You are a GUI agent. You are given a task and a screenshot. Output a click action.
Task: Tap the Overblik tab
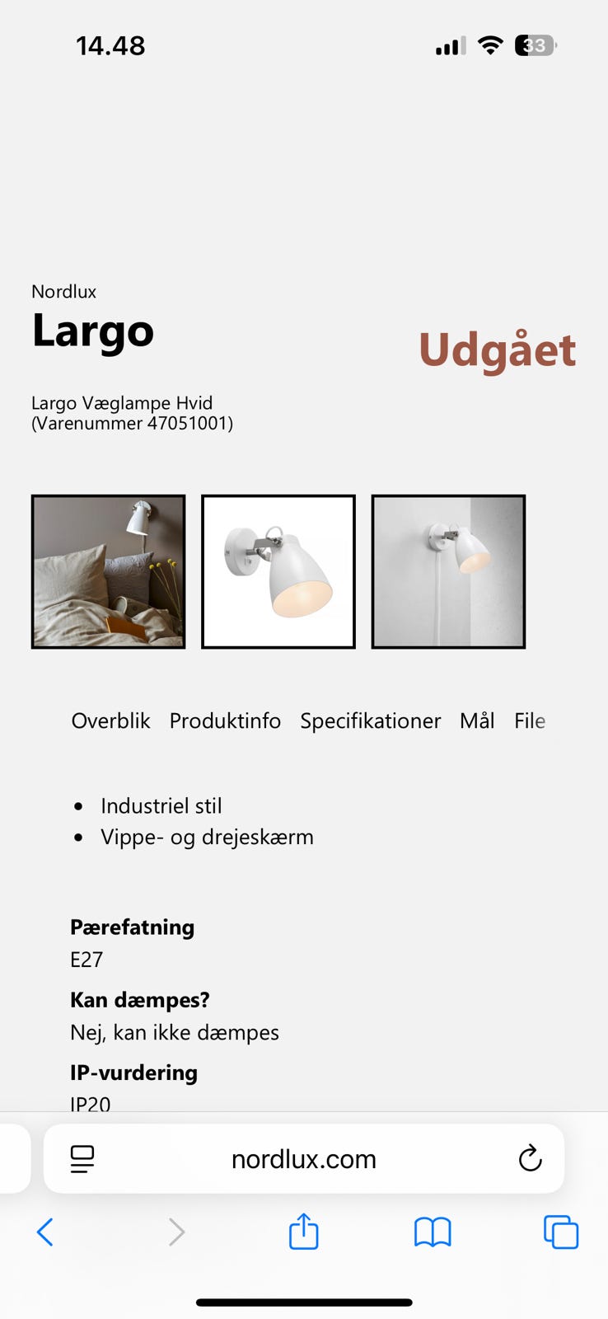tap(110, 721)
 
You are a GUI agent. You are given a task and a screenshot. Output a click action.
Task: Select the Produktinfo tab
tap(225, 721)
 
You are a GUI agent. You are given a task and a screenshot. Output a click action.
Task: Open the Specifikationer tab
tap(370, 721)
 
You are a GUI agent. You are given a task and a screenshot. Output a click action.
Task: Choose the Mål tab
tap(477, 721)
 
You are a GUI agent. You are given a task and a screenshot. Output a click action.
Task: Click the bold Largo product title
tap(93, 331)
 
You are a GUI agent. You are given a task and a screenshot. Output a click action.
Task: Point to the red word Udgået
tap(497, 350)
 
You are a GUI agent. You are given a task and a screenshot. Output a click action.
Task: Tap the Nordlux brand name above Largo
tap(63, 291)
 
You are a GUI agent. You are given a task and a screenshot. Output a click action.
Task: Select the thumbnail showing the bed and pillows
tap(108, 571)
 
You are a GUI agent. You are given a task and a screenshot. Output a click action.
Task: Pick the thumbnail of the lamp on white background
tap(278, 571)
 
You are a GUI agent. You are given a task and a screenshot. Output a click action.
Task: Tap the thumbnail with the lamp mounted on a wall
tap(448, 571)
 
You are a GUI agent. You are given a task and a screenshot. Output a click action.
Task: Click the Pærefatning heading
tap(132, 927)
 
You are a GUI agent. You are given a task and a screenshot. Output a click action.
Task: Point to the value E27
tap(87, 960)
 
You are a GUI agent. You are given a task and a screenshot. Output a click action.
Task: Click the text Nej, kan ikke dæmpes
tap(175, 1032)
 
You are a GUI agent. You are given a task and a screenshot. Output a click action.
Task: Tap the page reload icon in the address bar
tap(530, 1158)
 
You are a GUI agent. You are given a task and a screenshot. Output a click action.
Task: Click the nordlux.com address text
tap(303, 1159)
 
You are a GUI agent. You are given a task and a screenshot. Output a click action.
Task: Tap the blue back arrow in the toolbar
tap(45, 1232)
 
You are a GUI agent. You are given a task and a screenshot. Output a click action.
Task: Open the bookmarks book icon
tap(433, 1232)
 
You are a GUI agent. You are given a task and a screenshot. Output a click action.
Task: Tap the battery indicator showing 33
tap(535, 45)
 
